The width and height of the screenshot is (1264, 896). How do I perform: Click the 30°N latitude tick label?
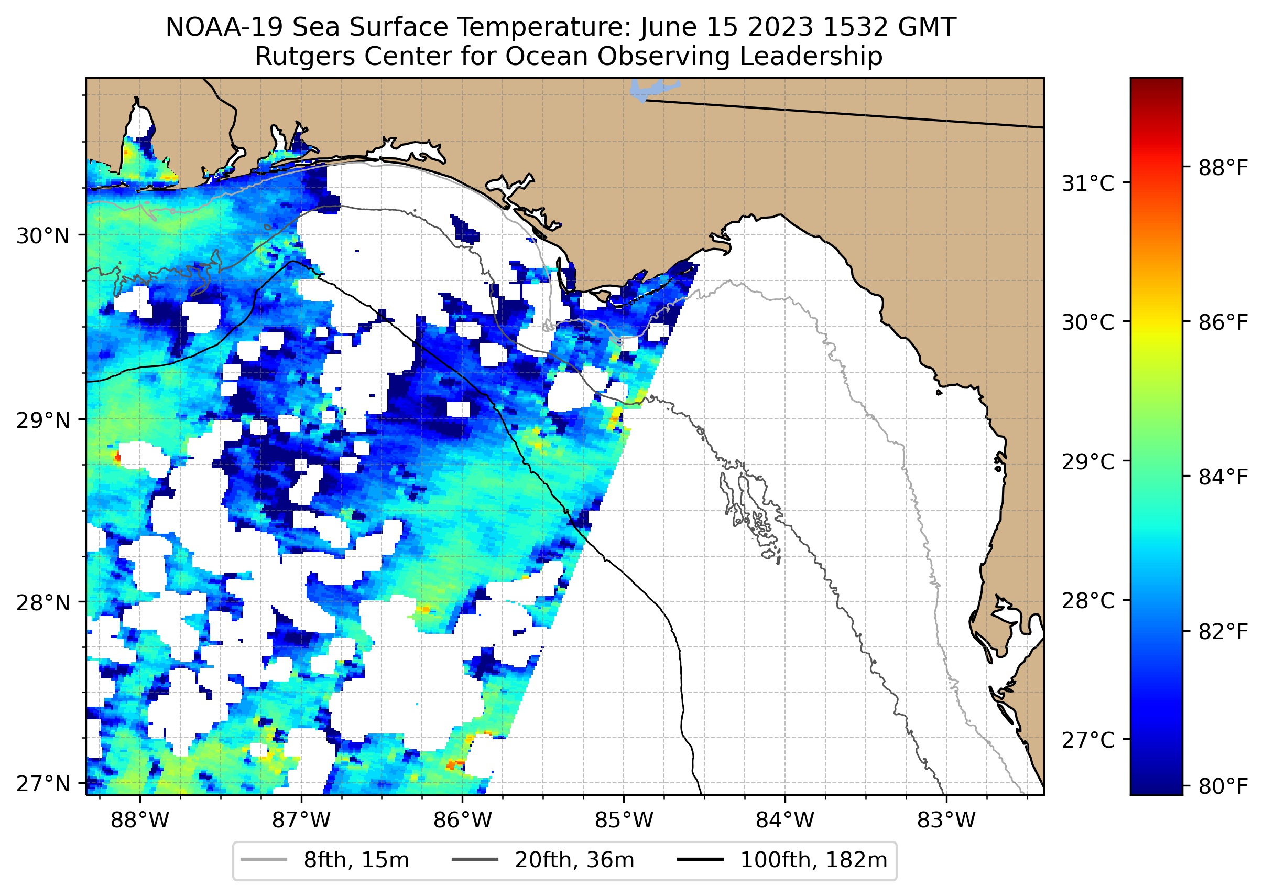click(x=43, y=236)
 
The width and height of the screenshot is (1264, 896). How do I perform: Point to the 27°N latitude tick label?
click(x=43, y=784)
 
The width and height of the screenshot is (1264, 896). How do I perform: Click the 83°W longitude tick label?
click(x=946, y=821)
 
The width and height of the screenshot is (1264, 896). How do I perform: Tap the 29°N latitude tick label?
click(x=43, y=420)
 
